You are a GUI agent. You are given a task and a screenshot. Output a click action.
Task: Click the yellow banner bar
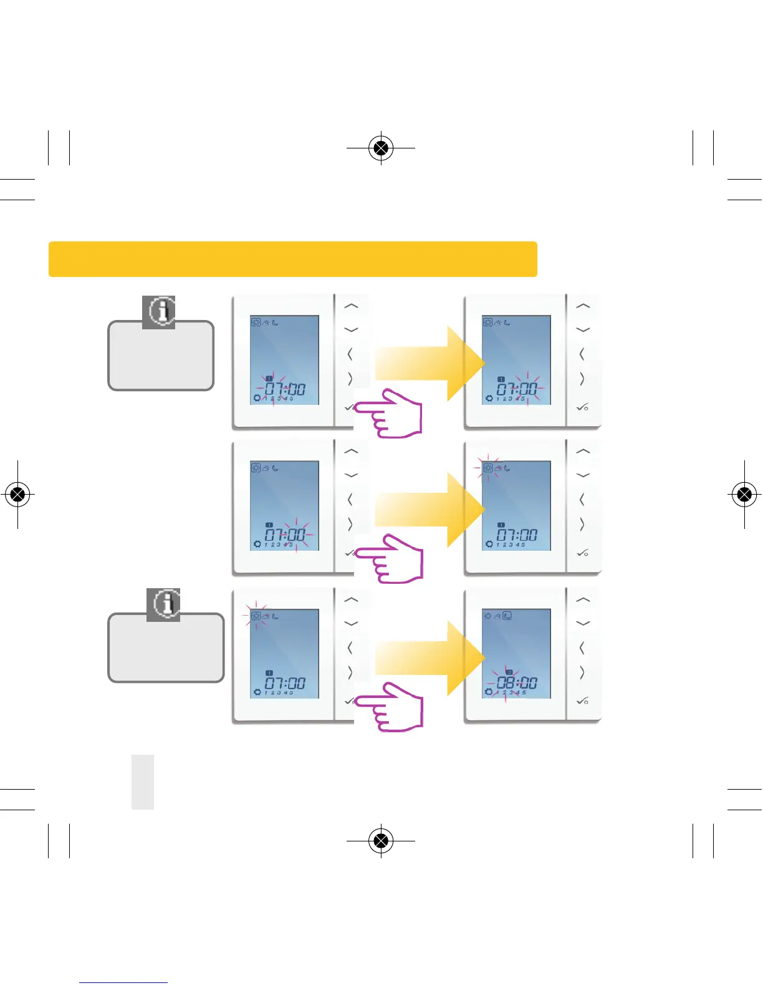click(292, 259)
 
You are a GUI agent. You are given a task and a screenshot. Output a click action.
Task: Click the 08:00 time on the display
click(517, 682)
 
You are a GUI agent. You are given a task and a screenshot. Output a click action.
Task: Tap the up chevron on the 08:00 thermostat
click(583, 600)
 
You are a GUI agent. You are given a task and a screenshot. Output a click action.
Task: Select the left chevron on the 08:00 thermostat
click(582, 648)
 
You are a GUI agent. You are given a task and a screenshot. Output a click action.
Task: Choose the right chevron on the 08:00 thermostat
click(582, 672)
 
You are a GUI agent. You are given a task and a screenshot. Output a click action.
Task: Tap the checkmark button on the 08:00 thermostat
click(582, 701)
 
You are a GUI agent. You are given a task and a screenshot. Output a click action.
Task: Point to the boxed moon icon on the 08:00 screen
click(507, 616)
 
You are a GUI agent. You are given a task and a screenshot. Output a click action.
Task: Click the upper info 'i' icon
click(159, 311)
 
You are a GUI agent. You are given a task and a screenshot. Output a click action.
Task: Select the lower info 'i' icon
click(163, 604)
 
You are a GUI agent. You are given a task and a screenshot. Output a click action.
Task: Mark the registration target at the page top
click(381, 148)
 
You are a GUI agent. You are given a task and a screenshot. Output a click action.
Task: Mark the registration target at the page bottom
click(381, 840)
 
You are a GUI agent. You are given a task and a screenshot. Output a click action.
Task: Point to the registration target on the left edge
click(17, 495)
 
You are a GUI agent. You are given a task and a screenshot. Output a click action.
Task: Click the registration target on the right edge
click(744, 495)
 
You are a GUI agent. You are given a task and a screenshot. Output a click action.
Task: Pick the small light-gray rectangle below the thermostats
click(143, 782)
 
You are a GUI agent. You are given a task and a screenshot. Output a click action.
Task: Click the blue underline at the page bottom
click(123, 982)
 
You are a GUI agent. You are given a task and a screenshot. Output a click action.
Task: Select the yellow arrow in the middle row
click(429, 510)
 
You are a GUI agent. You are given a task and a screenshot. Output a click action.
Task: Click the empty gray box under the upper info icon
click(161, 359)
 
